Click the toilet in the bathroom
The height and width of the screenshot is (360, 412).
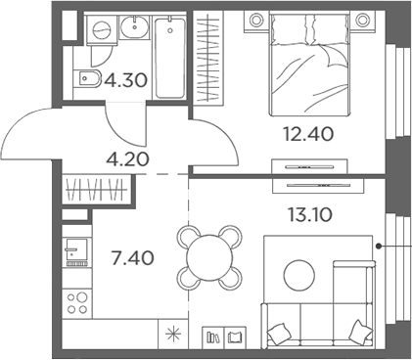(x=87, y=79)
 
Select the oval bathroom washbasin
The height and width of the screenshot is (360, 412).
(x=134, y=28)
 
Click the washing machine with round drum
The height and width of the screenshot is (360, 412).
(x=100, y=31)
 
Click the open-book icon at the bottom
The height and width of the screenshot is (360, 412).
(x=233, y=337)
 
